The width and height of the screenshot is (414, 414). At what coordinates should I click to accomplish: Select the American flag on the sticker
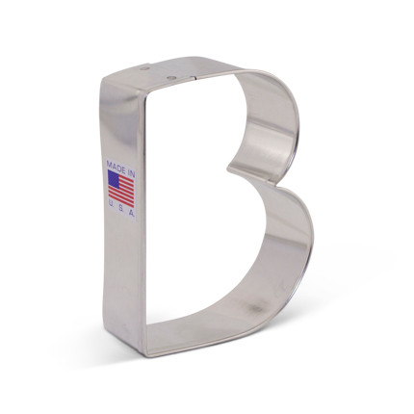(x=121, y=187)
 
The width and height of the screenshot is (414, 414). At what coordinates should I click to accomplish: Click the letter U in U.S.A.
(x=111, y=208)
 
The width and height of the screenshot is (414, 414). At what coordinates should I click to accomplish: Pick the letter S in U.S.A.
(x=121, y=208)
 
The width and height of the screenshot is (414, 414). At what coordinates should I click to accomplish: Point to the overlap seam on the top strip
(x=198, y=70)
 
